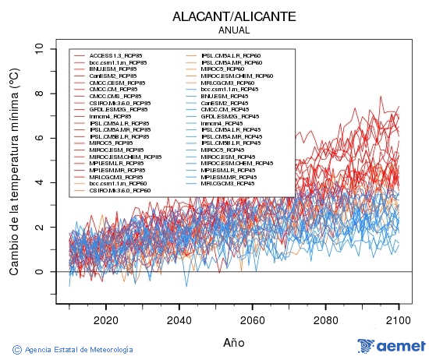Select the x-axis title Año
(234, 342)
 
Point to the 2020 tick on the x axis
(105, 319)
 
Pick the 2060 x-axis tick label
(252, 319)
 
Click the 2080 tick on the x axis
(325, 319)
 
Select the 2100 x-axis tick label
(399, 319)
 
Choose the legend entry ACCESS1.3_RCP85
(117, 55)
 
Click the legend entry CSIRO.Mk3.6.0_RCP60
(119, 190)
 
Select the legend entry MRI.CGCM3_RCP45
(226, 183)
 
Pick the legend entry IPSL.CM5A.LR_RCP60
(231, 55)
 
